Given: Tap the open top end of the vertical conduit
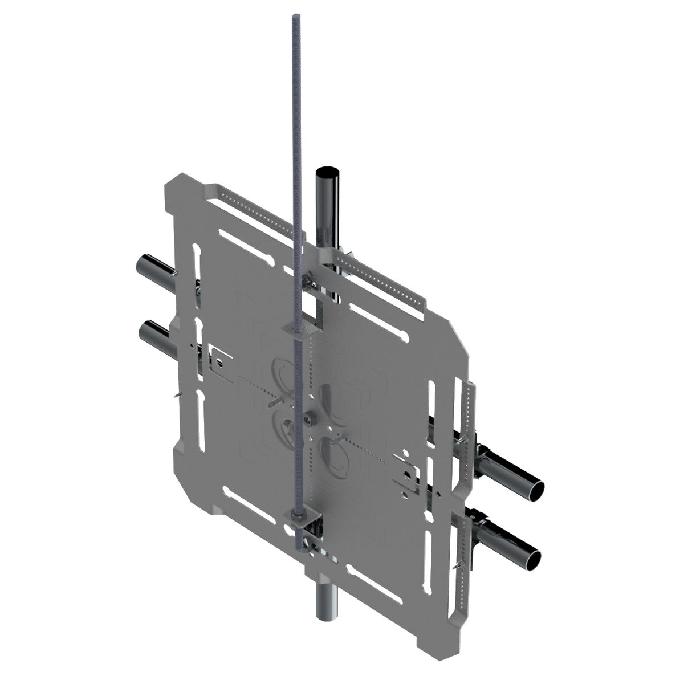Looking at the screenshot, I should coord(327,172).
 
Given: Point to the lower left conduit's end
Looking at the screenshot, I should coord(146,329).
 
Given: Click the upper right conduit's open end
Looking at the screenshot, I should coord(536,490).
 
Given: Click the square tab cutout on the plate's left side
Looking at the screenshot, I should coord(218,359).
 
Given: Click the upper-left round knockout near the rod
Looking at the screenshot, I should coord(284,370).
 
